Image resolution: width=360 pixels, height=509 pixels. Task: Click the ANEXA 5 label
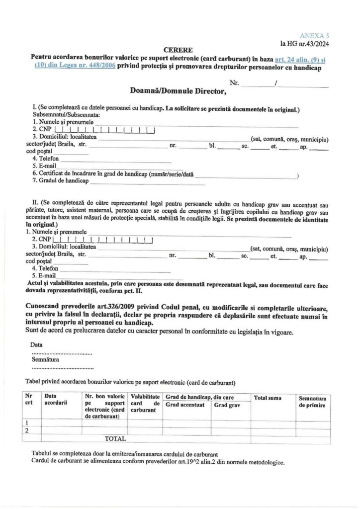point(314,36)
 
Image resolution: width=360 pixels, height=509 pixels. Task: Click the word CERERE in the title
point(178,50)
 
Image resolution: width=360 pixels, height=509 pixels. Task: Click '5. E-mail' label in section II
point(44,275)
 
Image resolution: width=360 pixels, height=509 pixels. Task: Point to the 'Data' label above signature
point(37,344)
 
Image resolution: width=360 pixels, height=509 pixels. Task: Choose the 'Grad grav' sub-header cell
point(227,405)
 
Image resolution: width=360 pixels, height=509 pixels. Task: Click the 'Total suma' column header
point(268,398)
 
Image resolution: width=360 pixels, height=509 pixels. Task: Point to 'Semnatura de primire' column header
point(312,402)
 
